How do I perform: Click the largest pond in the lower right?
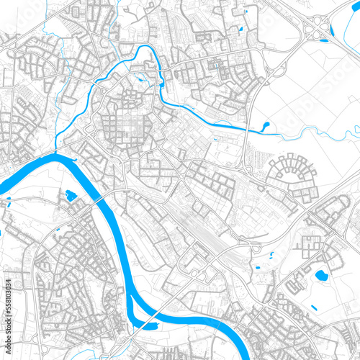(x=320, y=275)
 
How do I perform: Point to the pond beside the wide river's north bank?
(x=71, y=195)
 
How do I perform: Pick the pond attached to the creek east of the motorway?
(x=265, y=126)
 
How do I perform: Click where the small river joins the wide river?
(x=58, y=153)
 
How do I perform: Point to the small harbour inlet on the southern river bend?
(x=146, y=324)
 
